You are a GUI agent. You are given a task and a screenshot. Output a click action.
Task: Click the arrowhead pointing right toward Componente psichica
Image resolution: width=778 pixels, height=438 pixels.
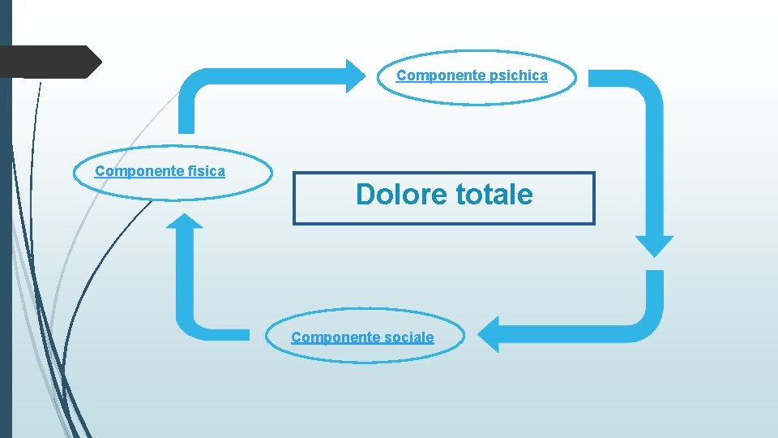(x=356, y=75)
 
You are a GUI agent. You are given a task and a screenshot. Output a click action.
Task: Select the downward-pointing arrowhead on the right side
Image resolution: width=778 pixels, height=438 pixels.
(x=654, y=246)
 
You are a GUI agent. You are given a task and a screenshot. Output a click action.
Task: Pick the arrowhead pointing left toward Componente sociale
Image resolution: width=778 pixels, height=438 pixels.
(x=488, y=334)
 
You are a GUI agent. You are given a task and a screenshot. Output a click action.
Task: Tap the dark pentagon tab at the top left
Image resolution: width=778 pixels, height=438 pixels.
(x=49, y=62)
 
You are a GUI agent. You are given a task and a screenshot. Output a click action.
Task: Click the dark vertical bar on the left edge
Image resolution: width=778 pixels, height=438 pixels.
(x=6, y=243)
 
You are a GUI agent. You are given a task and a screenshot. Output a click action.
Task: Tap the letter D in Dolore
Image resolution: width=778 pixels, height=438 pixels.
(x=365, y=195)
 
